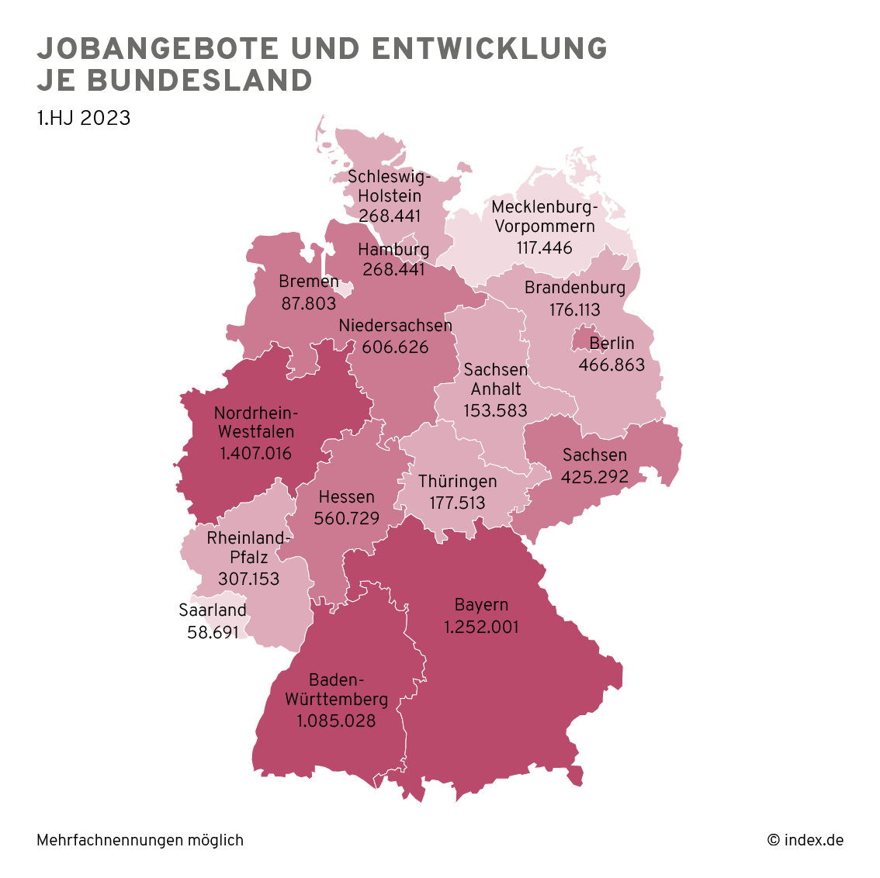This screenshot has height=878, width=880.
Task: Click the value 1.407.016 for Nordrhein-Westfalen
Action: click(255, 453)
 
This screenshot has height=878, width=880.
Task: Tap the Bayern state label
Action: click(481, 605)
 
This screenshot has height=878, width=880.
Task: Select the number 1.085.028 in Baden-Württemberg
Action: click(336, 721)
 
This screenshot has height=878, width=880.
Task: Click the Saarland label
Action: click(213, 610)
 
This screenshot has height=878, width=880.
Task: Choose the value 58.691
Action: click(213, 632)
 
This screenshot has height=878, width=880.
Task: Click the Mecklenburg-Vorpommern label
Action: click(545, 217)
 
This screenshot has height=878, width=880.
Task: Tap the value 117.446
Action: click(545, 248)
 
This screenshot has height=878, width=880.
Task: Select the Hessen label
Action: click(346, 497)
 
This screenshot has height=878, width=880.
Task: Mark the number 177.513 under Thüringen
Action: click(457, 503)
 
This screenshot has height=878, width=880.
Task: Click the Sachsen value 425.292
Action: click(594, 476)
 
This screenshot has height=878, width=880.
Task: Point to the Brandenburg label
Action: click(574, 288)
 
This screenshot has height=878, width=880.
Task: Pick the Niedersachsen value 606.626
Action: click(395, 347)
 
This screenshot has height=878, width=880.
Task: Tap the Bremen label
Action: click(309, 282)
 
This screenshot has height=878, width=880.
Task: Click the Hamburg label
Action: click(393, 250)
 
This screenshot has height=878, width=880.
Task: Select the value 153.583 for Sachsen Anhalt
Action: click(495, 410)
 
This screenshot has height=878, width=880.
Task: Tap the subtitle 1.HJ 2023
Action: click(83, 118)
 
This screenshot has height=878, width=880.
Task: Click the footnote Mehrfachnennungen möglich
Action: click(140, 840)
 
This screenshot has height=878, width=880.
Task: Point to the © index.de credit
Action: click(805, 840)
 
